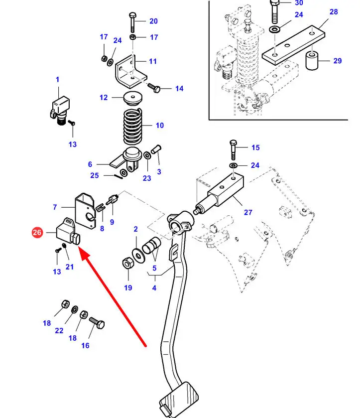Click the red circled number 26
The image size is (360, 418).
pyautogui.click(x=37, y=232)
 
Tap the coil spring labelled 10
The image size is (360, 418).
pyautogui.click(x=133, y=127)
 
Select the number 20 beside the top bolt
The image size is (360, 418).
pyautogui.click(x=153, y=21)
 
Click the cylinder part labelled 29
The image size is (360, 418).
pyautogui.click(x=312, y=61)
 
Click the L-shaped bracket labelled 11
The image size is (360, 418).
pyautogui.click(x=129, y=70)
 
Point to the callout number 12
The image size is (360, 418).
pyautogui.click(x=104, y=97)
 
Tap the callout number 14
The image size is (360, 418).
pyautogui.click(x=179, y=89)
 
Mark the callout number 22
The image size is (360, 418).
pyautogui.click(x=59, y=331)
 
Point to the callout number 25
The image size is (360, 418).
pyautogui.click(x=95, y=175)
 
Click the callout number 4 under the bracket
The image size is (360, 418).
pyautogui.click(x=154, y=288)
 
